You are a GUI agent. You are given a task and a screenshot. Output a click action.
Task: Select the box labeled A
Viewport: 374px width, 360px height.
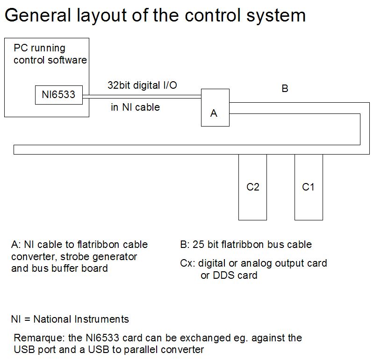click(x=215, y=107)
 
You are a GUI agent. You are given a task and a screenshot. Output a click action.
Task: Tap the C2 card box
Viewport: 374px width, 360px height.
click(x=252, y=187)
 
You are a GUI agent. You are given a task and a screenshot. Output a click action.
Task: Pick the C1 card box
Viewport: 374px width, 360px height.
click(x=309, y=187)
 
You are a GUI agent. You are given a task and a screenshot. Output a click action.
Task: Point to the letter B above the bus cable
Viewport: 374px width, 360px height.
click(x=285, y=88)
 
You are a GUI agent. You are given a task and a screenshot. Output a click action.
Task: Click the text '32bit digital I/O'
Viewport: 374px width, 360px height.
click(x=142, y=85)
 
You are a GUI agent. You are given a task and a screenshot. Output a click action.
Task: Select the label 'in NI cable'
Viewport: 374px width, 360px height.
click(x=135, y=107)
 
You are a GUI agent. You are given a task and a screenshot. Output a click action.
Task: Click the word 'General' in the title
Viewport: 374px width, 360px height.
click(x=36, y=15)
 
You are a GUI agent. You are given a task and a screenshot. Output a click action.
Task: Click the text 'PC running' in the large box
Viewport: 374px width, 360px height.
click(x=39, y=48)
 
